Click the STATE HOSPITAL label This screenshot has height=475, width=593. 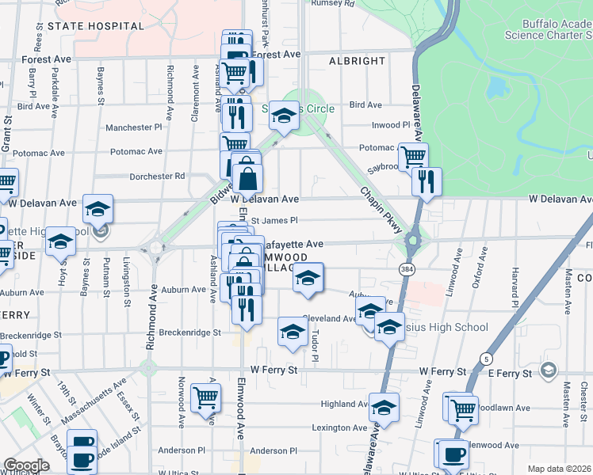tap(96, 26)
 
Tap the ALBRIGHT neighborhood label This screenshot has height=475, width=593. tap(357, 61)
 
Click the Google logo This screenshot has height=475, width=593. tap(25, 465)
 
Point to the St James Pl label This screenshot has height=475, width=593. tap(274, 221)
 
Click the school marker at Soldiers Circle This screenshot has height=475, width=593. tap(283, 116)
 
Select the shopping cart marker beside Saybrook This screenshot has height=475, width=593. tap(413, 156)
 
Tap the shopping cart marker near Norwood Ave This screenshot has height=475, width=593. tap(205, 398)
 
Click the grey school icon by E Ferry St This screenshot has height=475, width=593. tap(548, 370)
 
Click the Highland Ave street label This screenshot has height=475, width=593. tap(343, 404)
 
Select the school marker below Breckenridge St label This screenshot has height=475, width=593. tap(293, 332)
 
